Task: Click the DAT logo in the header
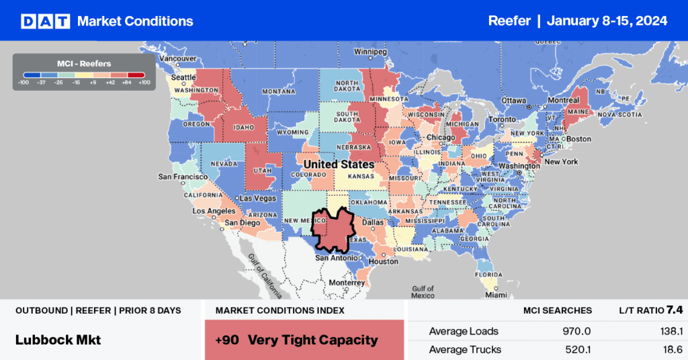tap(45, 21)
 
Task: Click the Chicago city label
tap(440, 138)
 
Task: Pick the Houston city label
tap(384, 261)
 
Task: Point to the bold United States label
tap(339, 165)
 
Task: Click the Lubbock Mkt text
tap(58, 340)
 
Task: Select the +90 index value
tap(228, 340)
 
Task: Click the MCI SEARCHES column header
tap(558, 310)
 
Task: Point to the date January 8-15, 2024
tap(607, 21)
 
